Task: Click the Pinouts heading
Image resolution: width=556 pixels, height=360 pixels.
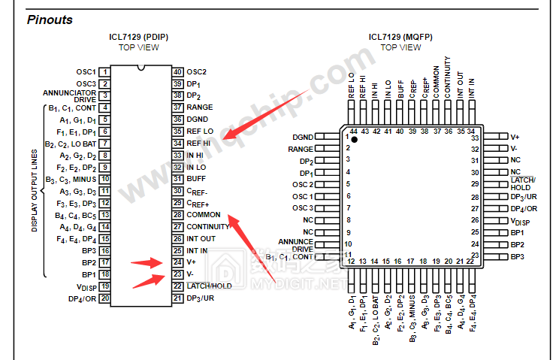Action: (x=50, y=20)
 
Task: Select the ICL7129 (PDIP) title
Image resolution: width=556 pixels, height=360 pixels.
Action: (x=139, y=37)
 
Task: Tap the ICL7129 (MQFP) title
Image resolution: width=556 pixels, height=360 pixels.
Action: (x=400, y=37)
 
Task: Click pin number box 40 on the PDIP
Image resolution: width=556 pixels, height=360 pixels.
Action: (x=178, y=72)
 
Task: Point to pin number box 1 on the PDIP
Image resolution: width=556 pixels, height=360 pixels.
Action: (x=105, y=72)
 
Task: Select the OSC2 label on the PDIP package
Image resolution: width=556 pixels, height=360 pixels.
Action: (x=197, y=72)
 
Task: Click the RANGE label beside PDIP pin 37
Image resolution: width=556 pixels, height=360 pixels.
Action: (x=200, y=107)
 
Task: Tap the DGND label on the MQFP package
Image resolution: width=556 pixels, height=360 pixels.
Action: (x=303, y=137)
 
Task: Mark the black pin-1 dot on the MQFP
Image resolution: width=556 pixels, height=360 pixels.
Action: (x=354, y=140)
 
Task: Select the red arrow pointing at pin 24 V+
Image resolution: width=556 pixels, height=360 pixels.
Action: (x=146, y=263)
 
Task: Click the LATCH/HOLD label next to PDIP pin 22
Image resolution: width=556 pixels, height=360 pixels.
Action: (x=209, y=286)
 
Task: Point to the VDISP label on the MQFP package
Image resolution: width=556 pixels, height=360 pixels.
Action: (x=521, y=221)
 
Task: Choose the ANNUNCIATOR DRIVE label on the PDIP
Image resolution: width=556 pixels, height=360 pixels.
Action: (x=69, y=95)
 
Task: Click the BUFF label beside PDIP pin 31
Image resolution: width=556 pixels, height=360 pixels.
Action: (x=196, y=179)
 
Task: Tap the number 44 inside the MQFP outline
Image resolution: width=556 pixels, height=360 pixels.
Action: (x=354, y=132)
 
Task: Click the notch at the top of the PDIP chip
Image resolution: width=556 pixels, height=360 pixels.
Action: (x=141, y=68)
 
